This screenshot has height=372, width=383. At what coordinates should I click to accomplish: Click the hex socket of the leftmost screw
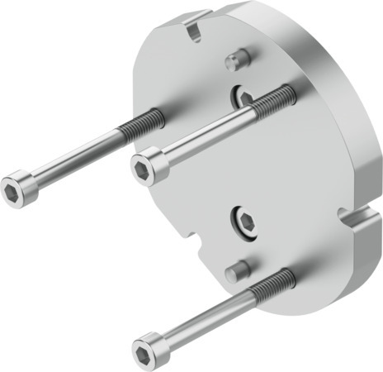coord(14,190)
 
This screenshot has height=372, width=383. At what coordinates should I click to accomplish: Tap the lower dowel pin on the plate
coord(236,268)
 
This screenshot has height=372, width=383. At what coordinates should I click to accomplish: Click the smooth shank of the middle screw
coord(206,132)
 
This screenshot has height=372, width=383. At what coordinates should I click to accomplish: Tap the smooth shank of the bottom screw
coord(207,315)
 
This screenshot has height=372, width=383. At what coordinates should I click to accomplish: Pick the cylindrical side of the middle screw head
coord(159,161)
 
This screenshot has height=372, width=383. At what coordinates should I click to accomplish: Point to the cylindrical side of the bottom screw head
coord(159,339)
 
